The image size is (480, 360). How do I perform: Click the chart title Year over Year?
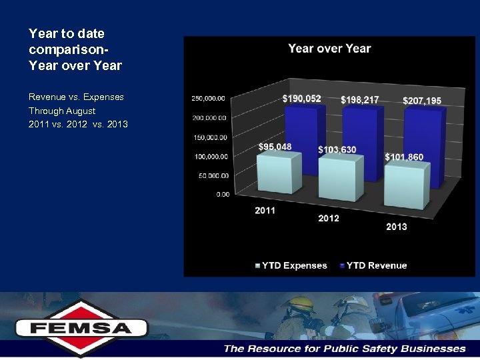click(x=329, y=49)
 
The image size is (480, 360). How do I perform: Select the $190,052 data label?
click(x=301, y=99)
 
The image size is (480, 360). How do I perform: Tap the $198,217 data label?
click(x=359, y=100)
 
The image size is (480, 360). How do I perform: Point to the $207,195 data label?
click(x=421, y=101)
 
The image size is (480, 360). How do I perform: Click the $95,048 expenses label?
click(x=275, y=147)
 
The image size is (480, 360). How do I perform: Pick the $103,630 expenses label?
click(x=337, y=149)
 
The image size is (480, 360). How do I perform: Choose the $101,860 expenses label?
click(x=404, y=157)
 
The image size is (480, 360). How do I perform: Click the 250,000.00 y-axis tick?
click(x=209, y=98)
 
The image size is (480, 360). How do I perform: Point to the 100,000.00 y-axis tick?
click(x=209, y=157)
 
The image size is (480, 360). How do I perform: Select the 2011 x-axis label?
click(x=265, y=211)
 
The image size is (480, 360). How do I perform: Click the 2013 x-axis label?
click(x=396, y=227)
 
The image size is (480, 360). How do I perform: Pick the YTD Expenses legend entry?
click(x=291, y=265)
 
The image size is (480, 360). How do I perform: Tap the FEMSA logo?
click(x=81, y=328)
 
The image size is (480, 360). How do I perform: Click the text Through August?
click(x=62, y=111)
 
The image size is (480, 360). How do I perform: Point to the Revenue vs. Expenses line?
click(x=76, y=97)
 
